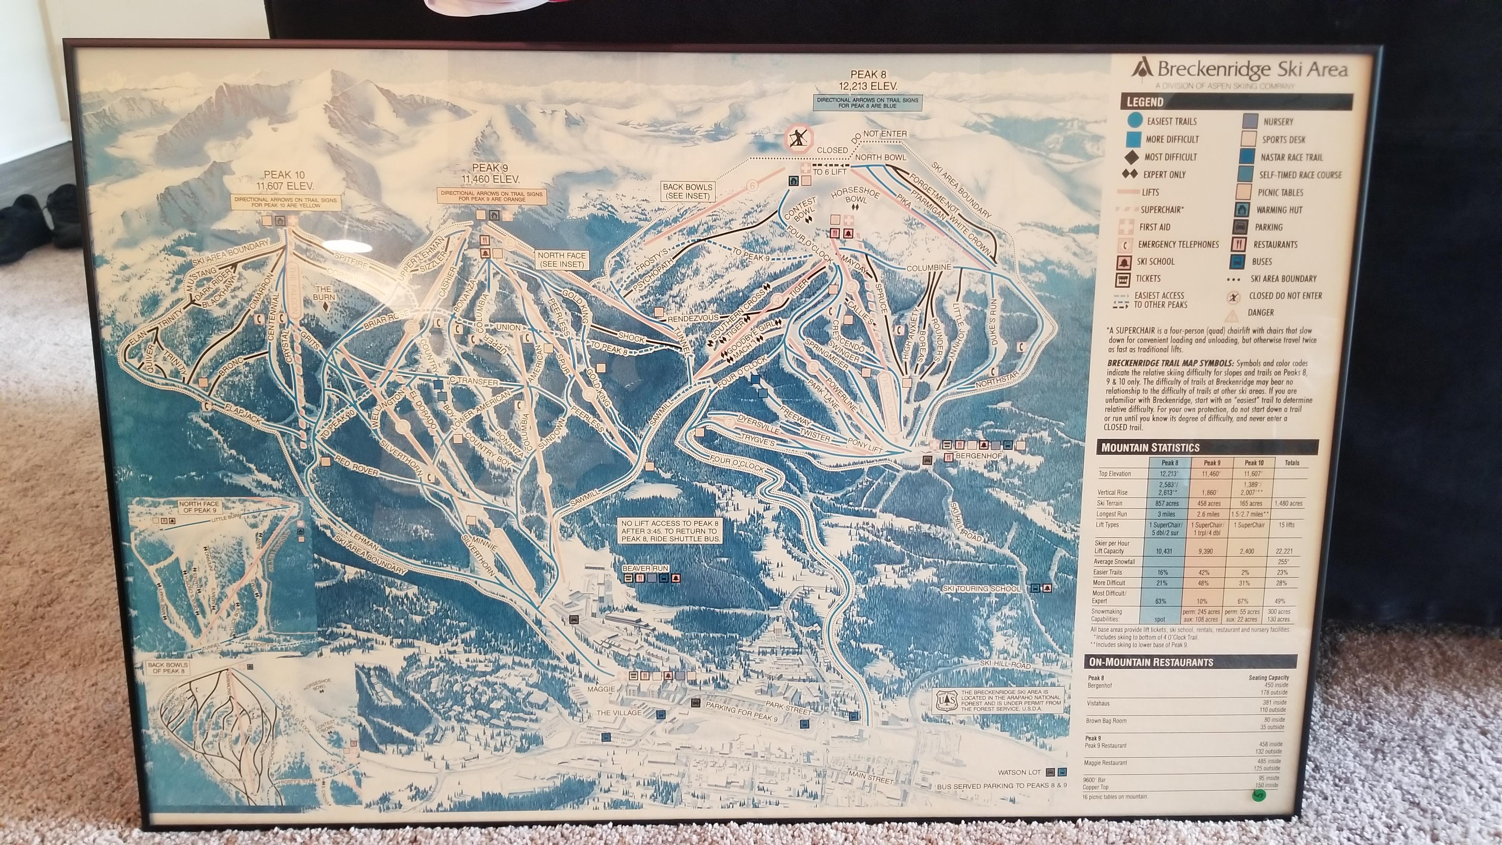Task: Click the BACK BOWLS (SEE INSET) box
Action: click(x=687, y=191)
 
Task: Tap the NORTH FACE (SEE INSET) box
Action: click(x=561, y=260)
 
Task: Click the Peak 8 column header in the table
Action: click(x=1167, y=462)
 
